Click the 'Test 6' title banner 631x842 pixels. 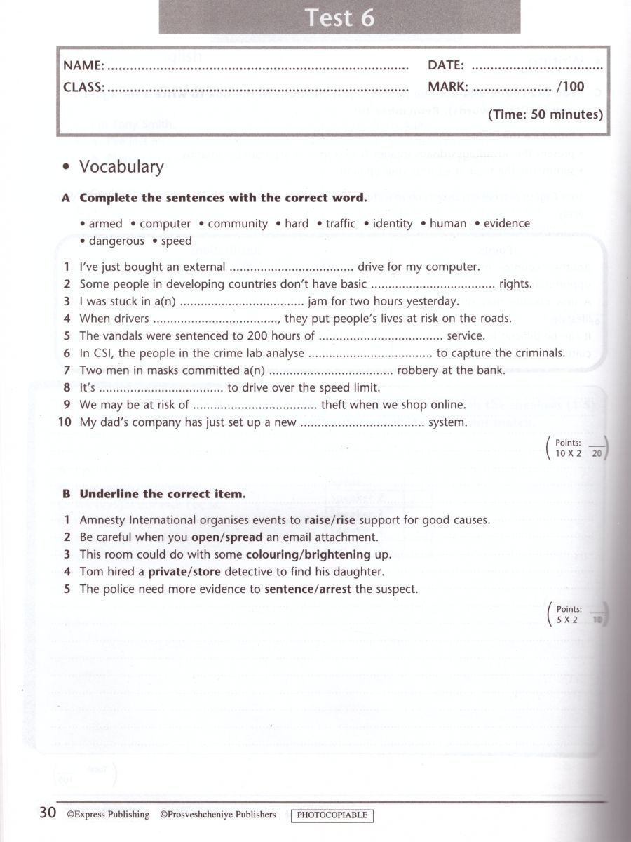[339, 18]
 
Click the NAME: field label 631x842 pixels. [83, 66]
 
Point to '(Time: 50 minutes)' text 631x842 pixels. [545, 114]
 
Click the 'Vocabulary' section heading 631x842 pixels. [121, 167]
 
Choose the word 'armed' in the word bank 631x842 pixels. [105, 224]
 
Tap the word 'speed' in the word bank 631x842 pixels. [176, 241]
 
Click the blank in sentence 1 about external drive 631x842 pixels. [291, 268]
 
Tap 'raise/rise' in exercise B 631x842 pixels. [330, 521]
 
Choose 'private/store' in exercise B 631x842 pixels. [184, 572]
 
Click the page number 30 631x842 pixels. [47, 813]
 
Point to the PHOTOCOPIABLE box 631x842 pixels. [332, 815]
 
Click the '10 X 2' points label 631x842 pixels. [569, 454]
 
